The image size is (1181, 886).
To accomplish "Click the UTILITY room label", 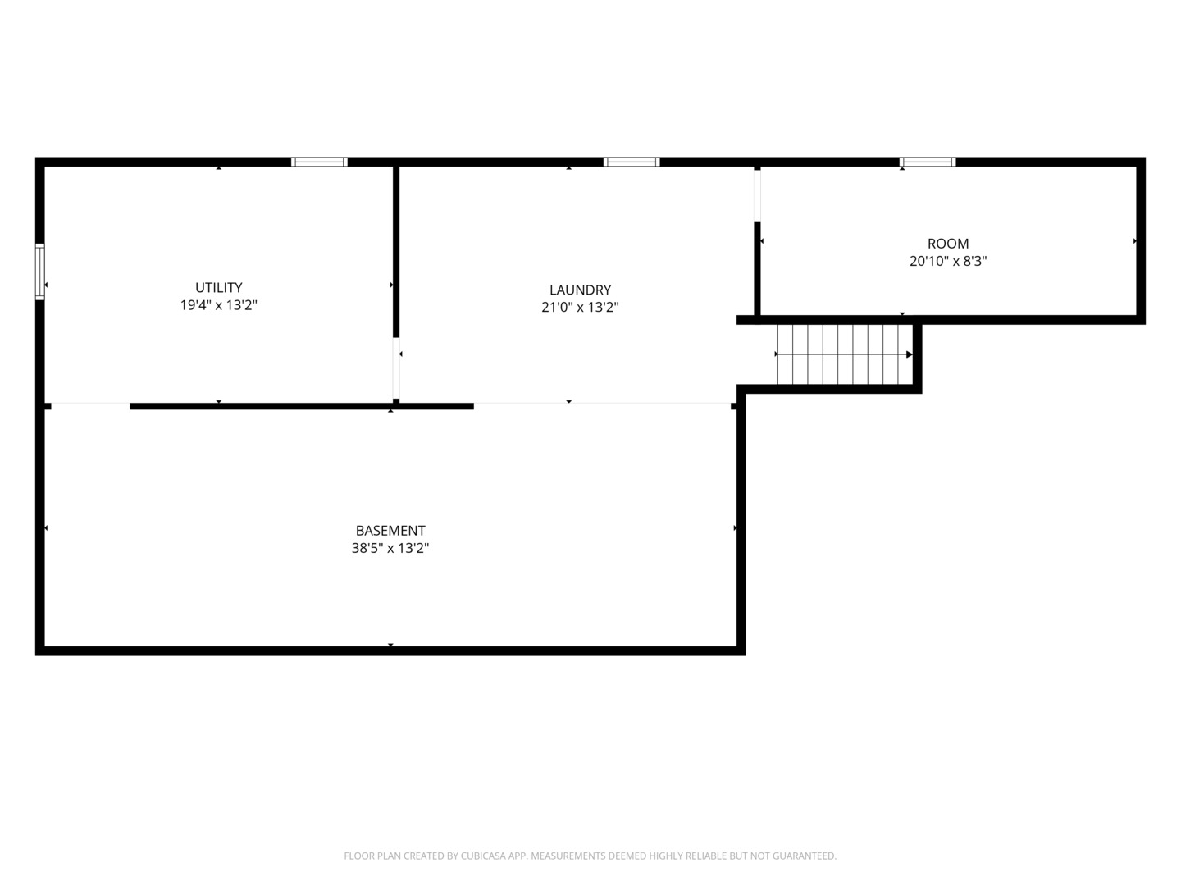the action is pyautogui.click(x=218, y=287).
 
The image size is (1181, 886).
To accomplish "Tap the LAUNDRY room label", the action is pyautogui.click(x=580, y=290).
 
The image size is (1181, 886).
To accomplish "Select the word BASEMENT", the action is pyautogui.click(x=390, y=531).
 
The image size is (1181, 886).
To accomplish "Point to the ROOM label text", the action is pyautogui.click(x=948, y=244).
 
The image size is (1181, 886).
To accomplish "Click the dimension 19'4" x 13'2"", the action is pyautogui.click(x=218, y=305).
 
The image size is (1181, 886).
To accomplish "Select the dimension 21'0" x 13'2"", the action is pyautogui.click(x=580, y=307).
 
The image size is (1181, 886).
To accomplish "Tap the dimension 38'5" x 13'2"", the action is pyautogui.click(x=390, y=548).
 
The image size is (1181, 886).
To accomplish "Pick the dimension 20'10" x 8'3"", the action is pyautogui.click(x=948, y=261).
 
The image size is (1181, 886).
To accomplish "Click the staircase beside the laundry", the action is pyautogui.click(x=845, y=354).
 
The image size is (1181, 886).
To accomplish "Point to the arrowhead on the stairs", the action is pyautogui.click(x=910, y=354).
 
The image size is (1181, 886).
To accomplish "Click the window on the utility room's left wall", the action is pyautogui.click(x=40, y=272).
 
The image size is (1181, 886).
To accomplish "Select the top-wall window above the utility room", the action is pyautogui.click(x=319, y=162).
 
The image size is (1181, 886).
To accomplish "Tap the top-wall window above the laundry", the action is pyautogui.click(x=632, y=162).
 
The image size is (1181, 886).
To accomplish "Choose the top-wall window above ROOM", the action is pyautogui.click(x=927, y=162).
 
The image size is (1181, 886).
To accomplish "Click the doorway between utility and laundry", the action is pyautogui.click(x=396, y=368).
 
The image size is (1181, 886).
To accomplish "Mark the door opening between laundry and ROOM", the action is pyautogui.click(x=757, y=195).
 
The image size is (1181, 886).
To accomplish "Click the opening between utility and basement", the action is pyautogui.click(x=90, y=403).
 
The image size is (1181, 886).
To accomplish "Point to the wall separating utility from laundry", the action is pyautogui.click(x=396, y=252).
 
